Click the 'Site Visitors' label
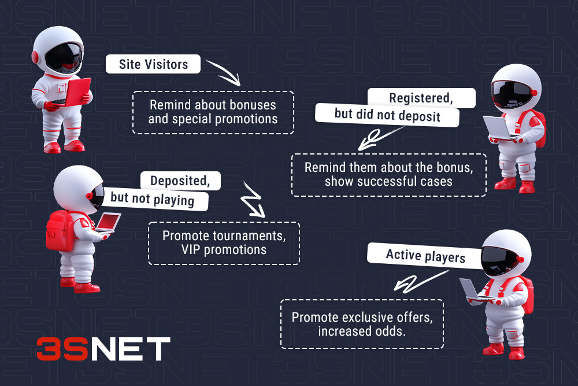pyautogui.click(x=153, y=64)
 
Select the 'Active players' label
pyautogui.click(x=425, y=255)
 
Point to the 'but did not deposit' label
pyautogui.click(x=387, y=115)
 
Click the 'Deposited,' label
pyautogui.click(x=180, y=181)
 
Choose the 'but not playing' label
pyautogui.click(x=152, y=199)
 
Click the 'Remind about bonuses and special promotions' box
pyautogui.click(x=213, y=112)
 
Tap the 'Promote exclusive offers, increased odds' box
pyautogui.click(x=361, y=323)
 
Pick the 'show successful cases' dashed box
pyautogui.click(x=388, y=175)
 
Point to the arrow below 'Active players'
pyautogui.click(x=414, y=283)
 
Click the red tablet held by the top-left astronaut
pyautogui.click(x=77, y=92)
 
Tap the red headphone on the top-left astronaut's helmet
pyautogui.click(x=35, y=57)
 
